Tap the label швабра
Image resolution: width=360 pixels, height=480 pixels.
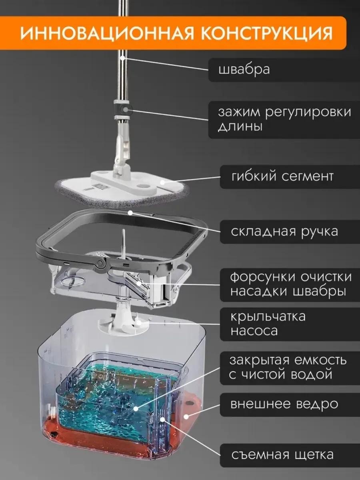[244, 70]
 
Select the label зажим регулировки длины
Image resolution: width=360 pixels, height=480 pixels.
[284, 119]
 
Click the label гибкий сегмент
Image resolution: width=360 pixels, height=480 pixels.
[282, 176]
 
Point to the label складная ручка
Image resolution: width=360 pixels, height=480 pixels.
[284, 232]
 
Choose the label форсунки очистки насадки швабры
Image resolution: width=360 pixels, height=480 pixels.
[291, 284]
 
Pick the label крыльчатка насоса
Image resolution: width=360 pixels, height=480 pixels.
[268, 324]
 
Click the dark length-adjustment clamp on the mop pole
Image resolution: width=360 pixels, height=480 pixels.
[123, 110]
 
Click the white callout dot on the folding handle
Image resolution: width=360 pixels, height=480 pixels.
[130, 212]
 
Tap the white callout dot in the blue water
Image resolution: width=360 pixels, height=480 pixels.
[136, 408]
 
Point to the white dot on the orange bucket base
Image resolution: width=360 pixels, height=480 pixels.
[186, 417]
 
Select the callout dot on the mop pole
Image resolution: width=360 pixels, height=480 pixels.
[123, 58]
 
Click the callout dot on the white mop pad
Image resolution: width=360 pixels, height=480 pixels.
[162, 182]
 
